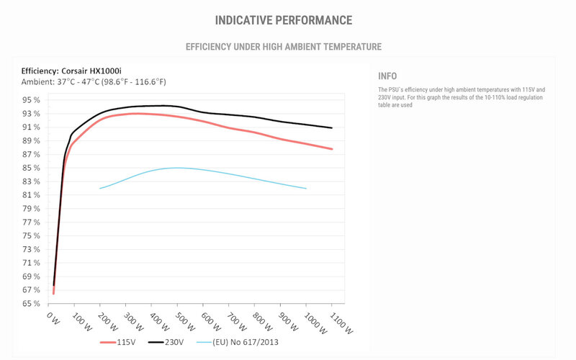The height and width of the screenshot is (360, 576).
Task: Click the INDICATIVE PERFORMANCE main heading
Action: pyautogui.click(x=284, y=20)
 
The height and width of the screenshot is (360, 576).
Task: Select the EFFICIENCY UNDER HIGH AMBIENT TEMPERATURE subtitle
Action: pyautogui.click(x=284, y=47)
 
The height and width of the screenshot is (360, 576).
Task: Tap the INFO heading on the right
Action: pyautogui.click(x=387, y=76)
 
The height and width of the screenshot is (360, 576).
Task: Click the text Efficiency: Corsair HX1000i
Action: pyautogui.click(x=71, y=71)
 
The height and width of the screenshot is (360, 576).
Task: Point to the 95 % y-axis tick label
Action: pyautogui.click(x=31, y=100)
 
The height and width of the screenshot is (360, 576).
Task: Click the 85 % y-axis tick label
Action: pyautogui.click(x=31, y=168)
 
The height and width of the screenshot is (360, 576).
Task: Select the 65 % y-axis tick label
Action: pyautogui.click(x=31, y=303)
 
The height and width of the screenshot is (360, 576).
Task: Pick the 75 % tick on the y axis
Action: pyautogui.click(x=31, y=236)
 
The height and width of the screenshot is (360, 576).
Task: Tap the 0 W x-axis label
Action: pyautogui.click(x=53, y=318)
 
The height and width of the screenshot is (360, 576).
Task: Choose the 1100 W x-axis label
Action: pyautogui.click(x=341, y=323)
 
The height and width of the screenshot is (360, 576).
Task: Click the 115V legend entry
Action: pyautogui.click(x=117, y=343)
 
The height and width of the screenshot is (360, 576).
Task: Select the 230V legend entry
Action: pyautogui.click(x=166, y=343)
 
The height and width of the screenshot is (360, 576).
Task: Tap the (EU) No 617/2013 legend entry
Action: pyautogui.click(x=238, y=343)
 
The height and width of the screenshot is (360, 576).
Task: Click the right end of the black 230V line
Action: pyautogui.click(x=332, y=128)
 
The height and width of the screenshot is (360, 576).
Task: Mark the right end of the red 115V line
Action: pyautogui.click(x=332, y=149)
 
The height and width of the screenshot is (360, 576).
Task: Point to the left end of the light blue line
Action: pyautogui.click(x=100, y=189)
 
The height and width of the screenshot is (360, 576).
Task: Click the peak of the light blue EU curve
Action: pyautogui.click(x=177, y=168)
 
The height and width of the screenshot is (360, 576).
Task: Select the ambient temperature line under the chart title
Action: pyautogui.click(x=94, y=82)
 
